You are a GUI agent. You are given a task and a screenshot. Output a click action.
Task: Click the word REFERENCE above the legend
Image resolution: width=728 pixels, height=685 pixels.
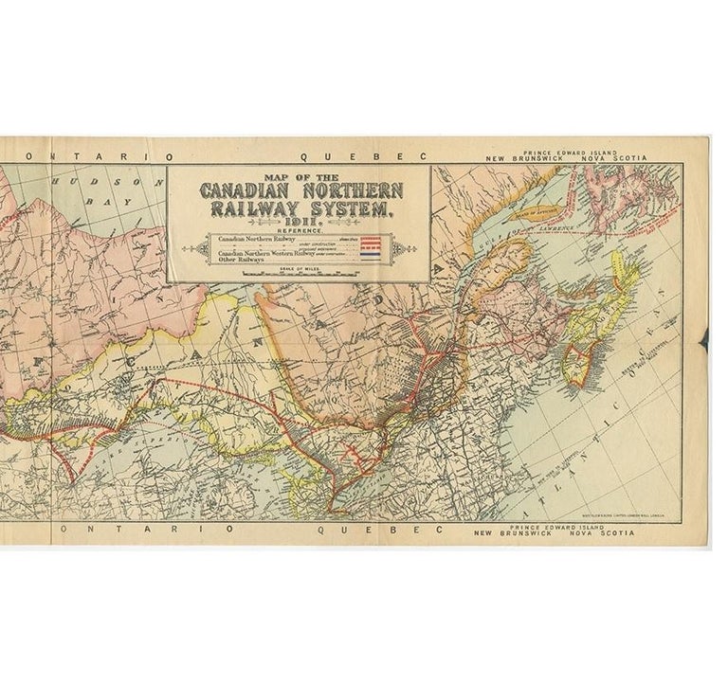point(300,230)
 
